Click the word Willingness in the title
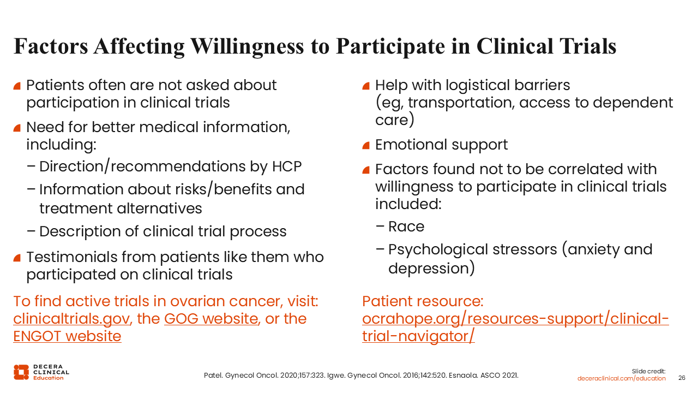(247, 47)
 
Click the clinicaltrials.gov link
(71, 319)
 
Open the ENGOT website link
(67, 336)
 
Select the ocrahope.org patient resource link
(515, 327)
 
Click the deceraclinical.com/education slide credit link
(621, 378)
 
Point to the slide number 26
(682, 378)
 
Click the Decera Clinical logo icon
(21, 372)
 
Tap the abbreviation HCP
(287, 166)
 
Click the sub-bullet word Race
(406, 227)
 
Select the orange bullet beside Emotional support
(366, 145)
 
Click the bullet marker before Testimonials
(17, 258)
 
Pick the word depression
(429, 269)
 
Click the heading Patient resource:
(423, 302)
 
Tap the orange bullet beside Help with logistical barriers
(366, 86)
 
